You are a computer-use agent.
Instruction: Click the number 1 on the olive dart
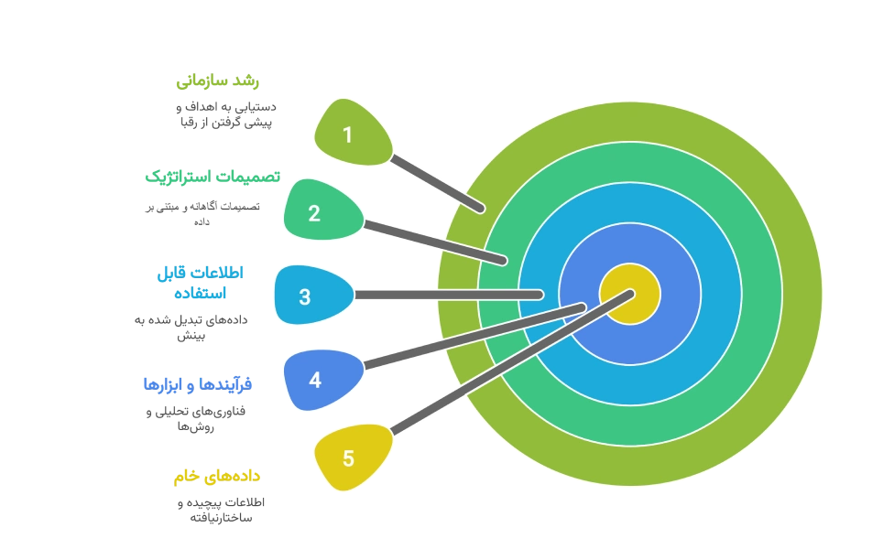tap(347, 135)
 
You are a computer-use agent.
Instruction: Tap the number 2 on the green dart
tap(314, 214)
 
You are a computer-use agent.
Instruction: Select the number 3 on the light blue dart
tap(305, 296)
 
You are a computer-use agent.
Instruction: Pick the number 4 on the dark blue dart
tap(315, 379)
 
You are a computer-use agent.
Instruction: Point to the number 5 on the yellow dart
tap(348, 458)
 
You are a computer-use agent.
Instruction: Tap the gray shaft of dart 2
tap(435, 242)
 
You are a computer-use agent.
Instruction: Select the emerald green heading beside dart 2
tap(212, 176)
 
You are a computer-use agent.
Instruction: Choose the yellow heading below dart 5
tap(218, 477)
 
